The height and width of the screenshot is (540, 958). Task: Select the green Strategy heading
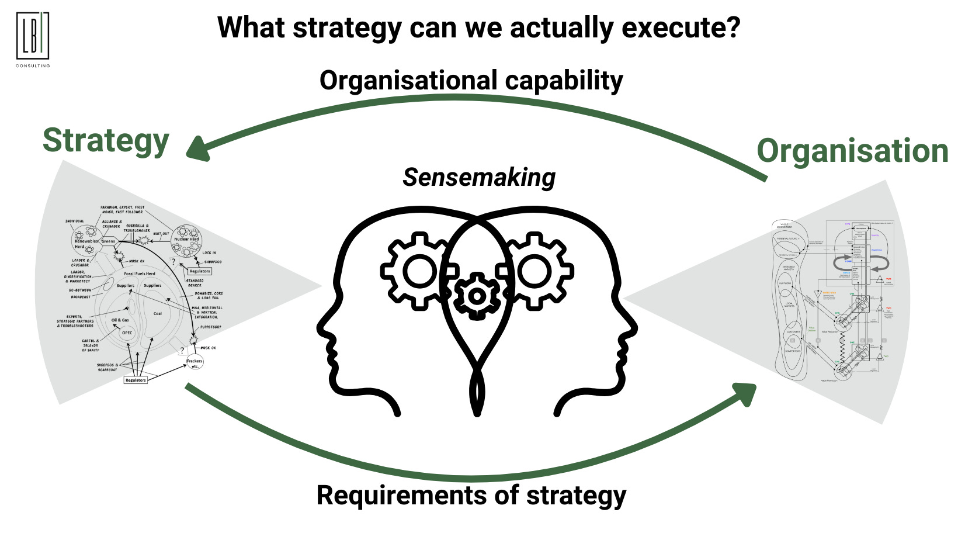[x=106, y=141]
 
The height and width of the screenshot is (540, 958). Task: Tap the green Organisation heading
[x=852, y=151]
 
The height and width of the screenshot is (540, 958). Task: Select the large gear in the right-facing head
[x=534, y=271]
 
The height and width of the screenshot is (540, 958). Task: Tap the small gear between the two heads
[x=477, y=296]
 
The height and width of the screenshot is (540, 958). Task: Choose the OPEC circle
[x=127, y=333]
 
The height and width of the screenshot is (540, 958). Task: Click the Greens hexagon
[x=109, y=241]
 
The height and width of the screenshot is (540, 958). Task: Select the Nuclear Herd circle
[x=186, y=241]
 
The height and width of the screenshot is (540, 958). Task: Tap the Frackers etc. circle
[x=195, y=362]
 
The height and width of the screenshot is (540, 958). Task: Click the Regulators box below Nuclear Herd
[x=199, y=271]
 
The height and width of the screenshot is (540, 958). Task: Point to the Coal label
[x=158, y=314]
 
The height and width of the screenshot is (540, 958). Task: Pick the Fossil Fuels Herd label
[x=140, y=274]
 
